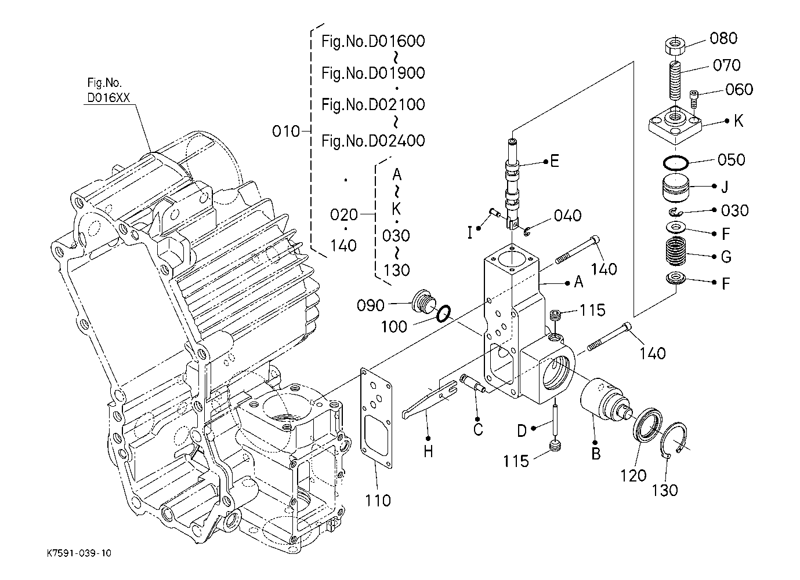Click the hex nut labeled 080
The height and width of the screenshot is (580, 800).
pos(675,46)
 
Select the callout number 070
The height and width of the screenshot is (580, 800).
pos(726,65)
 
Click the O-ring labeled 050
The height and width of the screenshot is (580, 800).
pos(675,163)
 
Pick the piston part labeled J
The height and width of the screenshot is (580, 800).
pos(675,188)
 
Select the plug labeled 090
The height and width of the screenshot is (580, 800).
pos(423,302)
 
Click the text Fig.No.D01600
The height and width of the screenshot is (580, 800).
pos(373,41)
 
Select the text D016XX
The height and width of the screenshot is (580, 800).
pos(108,97)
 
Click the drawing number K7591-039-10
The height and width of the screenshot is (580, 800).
pos(79,553)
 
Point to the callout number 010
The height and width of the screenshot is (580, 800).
pos(285,132)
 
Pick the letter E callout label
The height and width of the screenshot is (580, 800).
pos(554,161)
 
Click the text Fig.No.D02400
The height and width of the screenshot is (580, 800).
pos(373,141)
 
